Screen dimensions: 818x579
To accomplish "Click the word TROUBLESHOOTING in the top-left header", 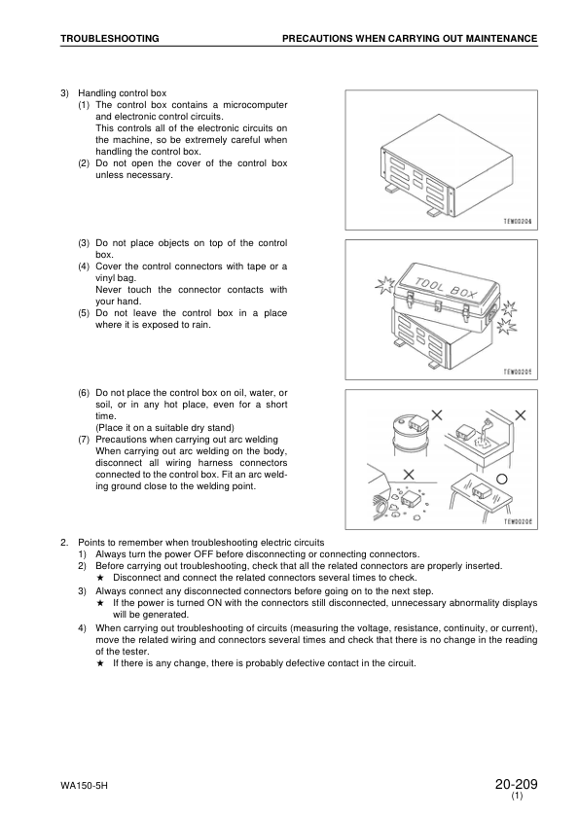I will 110,39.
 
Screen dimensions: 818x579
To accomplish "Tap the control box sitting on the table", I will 481,490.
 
